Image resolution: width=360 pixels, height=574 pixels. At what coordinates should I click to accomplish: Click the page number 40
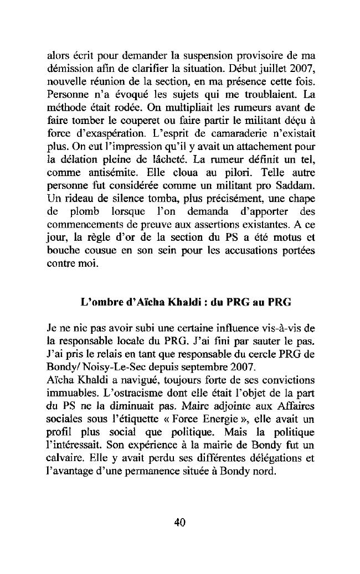(179, 523)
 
